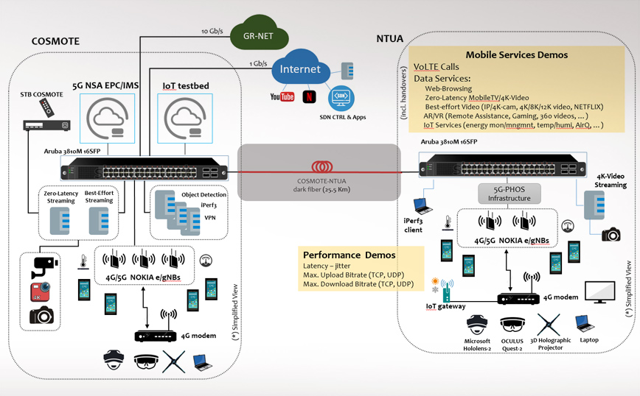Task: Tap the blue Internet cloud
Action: (x=300, y=71)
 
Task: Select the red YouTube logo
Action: (x=282, y=96)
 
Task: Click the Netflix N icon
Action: (x=309, y=96)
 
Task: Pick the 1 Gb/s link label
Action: (x=258, y=63)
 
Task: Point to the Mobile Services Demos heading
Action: (x=516, y=55)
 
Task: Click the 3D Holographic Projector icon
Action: (x=548, y=323)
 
